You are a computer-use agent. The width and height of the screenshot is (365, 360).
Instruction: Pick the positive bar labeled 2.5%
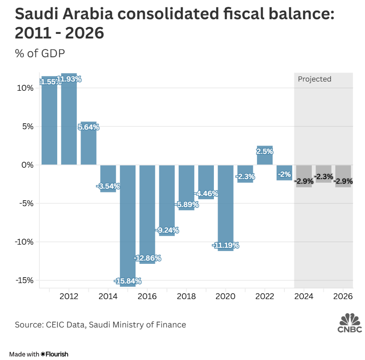tap(265, 155)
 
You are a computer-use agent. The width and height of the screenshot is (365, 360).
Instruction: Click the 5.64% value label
tap(88, 127)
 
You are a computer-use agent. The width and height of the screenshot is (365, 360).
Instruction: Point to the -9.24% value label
tap(167, 229)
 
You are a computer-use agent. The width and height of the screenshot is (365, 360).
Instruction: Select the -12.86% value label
tap(147, 258)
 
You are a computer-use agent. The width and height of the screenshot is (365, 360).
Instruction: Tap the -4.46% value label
tap(206, 193)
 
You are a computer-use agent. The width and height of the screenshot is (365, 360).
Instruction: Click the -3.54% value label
tap(108, 186)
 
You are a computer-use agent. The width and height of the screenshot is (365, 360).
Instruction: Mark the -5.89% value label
tap(186, 205)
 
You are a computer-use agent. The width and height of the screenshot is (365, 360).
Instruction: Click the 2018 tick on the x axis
tap(186, 296)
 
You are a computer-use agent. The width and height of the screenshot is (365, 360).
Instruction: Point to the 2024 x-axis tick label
tap(304, 296)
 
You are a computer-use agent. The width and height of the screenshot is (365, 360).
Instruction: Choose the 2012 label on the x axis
tap(69, 296)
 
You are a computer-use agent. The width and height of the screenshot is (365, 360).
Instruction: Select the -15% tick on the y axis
tap(24, 280)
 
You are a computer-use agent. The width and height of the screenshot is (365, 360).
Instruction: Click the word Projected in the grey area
tap(314, 79)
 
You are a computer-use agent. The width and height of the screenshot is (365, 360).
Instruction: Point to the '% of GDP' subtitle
tap(40, 53)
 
